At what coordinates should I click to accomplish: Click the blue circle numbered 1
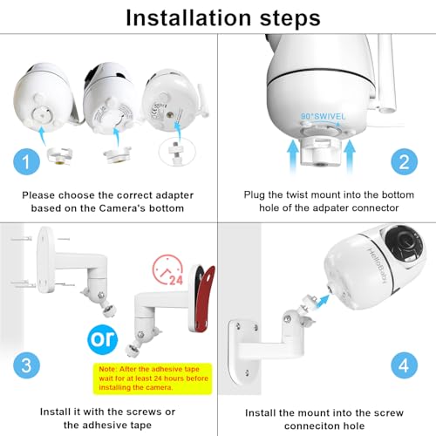pyautogui.click(x=26, y=160)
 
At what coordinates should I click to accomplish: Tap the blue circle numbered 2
pyautogui.click(x=403, y=160)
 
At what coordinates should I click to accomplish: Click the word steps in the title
pyautogui.click(x=283, y=18)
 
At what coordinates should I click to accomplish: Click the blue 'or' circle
pyautogui.click(x=103, y=336)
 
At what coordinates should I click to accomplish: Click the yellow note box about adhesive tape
pyautogui.click(x=159, y=371)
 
